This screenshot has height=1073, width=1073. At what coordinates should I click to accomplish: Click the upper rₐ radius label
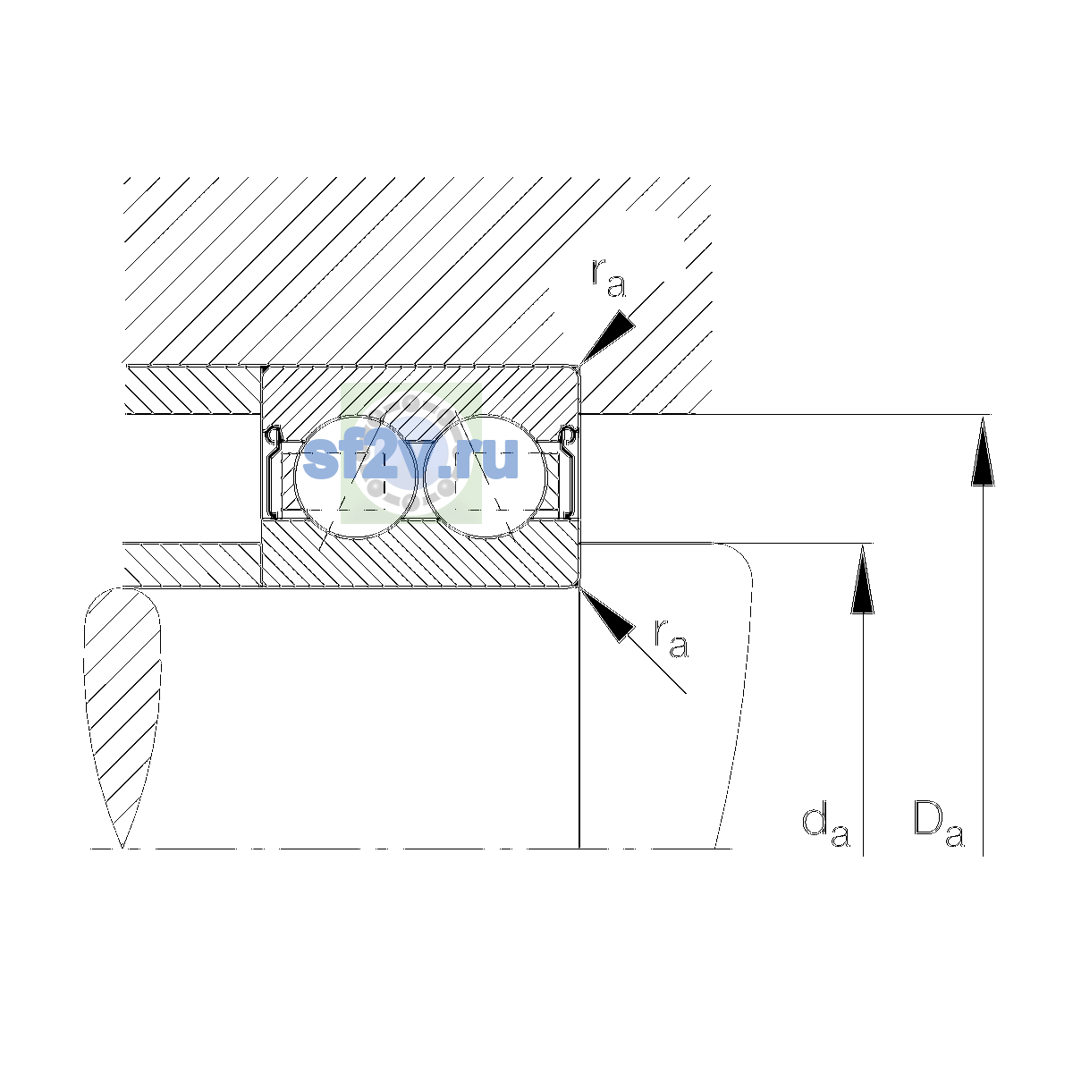(608, 278)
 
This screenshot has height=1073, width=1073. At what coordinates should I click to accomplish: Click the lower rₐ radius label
(672, 638)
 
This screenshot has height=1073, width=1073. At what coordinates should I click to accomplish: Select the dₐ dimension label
(825, 827)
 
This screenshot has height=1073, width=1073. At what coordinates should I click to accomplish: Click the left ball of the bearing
(356, 477)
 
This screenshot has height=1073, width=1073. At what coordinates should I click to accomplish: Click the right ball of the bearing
(486, 477)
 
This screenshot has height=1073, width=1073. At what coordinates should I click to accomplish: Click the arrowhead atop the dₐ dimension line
(863, 579)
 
